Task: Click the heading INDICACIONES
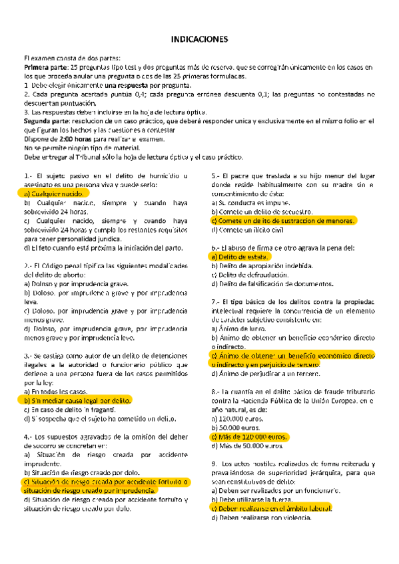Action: point(199,39)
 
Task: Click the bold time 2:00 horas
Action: point(71,139)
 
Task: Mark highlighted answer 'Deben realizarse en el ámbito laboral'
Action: point(272,507)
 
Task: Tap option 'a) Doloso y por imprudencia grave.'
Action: point(75,283)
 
